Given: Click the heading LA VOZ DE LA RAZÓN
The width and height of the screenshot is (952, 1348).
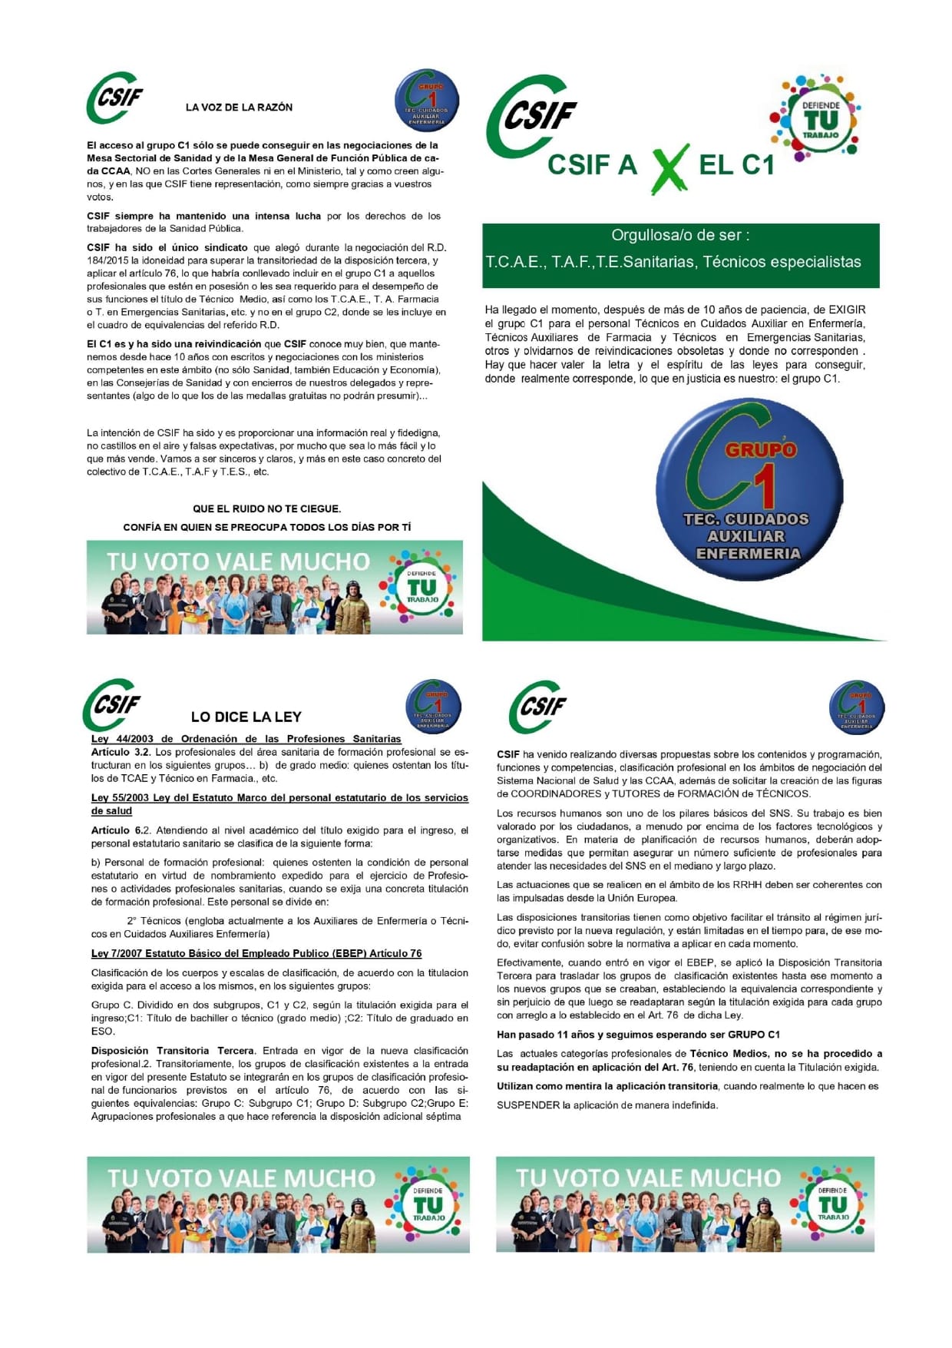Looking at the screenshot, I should (x=239, y=108).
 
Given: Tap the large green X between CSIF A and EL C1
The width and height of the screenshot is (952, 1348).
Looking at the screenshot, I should (x=669, y=168).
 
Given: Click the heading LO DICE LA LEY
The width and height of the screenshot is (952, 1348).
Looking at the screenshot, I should (x=246, y=717).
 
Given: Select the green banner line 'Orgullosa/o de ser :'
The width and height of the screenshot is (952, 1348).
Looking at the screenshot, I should (x=680, y=236).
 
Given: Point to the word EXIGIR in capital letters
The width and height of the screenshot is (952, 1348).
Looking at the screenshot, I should (x=847, y=310).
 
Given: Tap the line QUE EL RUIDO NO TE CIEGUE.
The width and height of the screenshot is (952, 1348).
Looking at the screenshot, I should (x=266, y=508).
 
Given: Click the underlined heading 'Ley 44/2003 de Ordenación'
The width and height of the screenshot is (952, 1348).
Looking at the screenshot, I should (x=246, y=739).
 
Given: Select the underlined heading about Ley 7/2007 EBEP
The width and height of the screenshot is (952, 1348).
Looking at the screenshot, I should (x=256, y=953).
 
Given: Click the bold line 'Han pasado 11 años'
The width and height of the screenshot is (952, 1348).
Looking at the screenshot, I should (x=638, y=1035).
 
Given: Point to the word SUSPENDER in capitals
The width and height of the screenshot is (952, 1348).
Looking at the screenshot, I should (x=528, y=1105).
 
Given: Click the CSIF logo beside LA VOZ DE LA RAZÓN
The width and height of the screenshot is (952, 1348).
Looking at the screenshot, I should (x=116, y=98).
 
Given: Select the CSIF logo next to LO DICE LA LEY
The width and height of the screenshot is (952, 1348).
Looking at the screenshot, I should (x=112, y=705).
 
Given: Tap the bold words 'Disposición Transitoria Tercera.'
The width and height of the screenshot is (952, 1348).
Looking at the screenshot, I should (x=172, y=1051).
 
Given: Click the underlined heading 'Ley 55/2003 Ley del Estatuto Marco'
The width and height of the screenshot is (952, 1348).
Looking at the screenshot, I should (x=279, y=797).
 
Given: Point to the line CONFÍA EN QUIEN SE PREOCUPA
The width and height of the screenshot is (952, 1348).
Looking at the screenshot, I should (x=266, y=527).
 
